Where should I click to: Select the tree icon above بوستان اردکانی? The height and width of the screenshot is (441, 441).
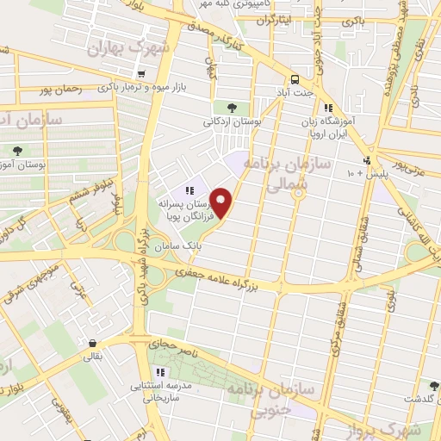coord(232,108)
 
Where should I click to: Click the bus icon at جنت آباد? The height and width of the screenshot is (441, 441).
coord(295,77)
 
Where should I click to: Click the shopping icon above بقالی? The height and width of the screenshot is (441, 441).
coord(91,342)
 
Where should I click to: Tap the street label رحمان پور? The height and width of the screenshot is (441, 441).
coord(60,89)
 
